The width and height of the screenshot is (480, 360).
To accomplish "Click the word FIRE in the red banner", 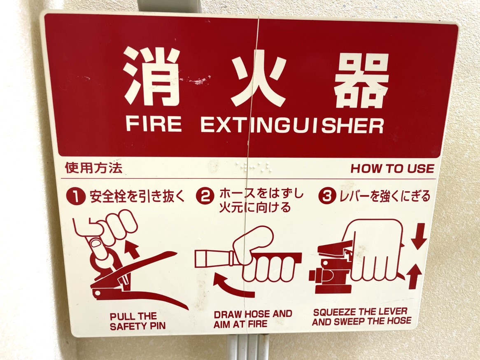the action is click(154, 124).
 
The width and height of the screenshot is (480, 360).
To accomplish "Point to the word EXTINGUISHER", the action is click(292, 125).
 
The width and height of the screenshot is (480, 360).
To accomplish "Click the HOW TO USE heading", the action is click(392, 168).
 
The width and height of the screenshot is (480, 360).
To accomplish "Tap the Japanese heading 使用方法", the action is click(93, 168).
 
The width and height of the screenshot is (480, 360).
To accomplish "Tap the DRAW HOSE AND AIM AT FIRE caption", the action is click(253, 319).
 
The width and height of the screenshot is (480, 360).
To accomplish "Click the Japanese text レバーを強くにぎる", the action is click(384, 196).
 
